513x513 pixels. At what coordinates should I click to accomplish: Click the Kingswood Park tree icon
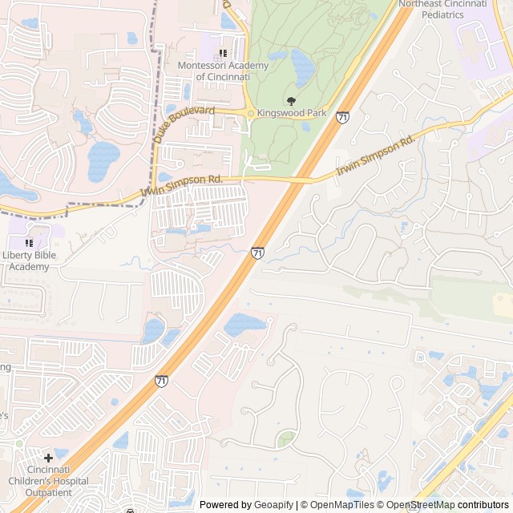(290, 101)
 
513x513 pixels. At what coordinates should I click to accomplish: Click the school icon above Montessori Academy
(224, 53)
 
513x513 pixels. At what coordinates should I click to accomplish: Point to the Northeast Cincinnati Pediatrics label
(454, 9)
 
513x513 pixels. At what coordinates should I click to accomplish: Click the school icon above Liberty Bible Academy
(30, 243)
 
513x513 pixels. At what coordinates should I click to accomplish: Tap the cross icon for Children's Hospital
(49, 458)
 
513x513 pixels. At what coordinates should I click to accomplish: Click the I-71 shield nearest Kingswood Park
(342, 118)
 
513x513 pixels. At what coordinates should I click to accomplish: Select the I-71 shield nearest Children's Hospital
(162, 381)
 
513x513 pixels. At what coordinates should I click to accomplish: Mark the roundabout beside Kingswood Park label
(251, 114)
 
